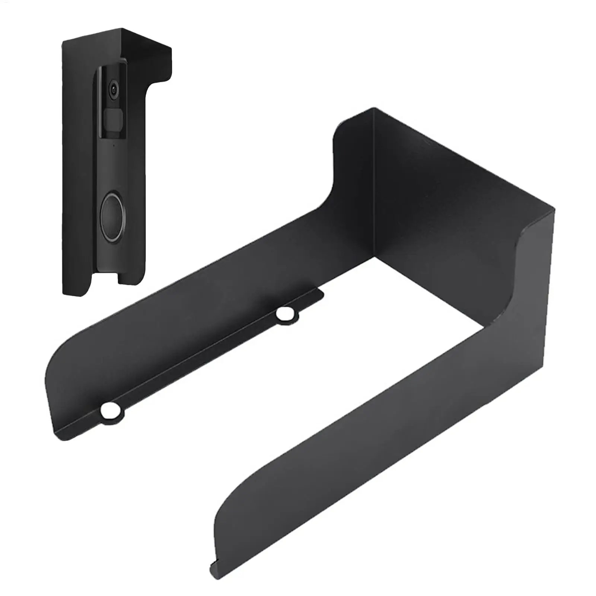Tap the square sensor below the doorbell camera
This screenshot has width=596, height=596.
coord(113,117)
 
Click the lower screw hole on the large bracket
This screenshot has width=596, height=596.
coord(110,411)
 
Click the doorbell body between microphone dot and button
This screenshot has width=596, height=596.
coord(113,168)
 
